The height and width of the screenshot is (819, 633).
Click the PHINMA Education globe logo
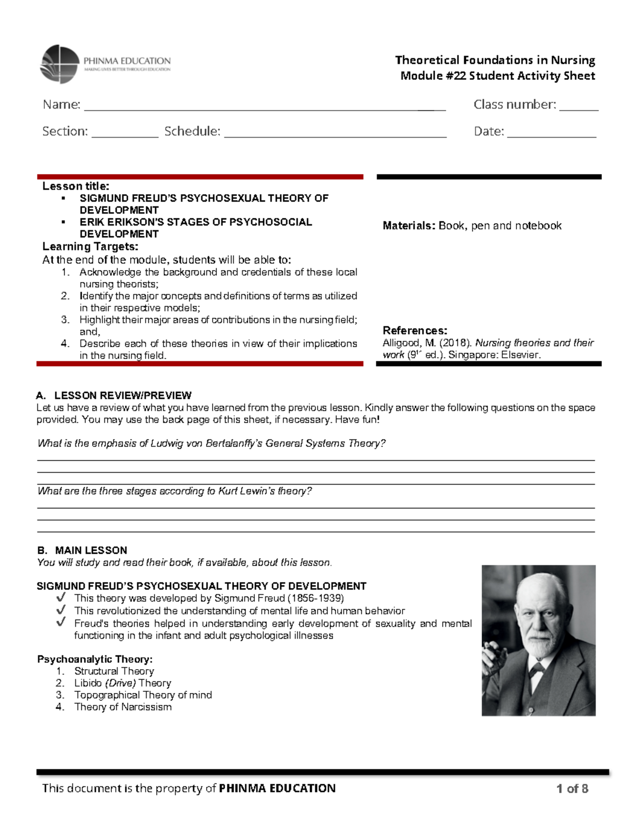coord(60,64)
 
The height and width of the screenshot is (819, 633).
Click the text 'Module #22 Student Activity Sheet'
coord(497,76)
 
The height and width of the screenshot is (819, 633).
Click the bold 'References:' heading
coord(415,331)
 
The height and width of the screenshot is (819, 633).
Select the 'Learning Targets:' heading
coord(90,246)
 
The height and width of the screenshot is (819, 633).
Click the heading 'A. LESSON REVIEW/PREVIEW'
coord(114,396)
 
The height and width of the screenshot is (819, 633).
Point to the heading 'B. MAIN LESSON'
coord(82,550)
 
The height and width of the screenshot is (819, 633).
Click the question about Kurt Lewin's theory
coord(175,491)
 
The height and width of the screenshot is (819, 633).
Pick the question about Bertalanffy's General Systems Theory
coord(212,444)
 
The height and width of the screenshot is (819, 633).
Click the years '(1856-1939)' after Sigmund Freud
coord(315,598)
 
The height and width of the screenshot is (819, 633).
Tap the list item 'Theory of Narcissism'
coord(123,707)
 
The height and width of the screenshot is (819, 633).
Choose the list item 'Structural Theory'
coord(114,671)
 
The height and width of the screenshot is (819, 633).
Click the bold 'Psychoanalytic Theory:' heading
coord(95,659)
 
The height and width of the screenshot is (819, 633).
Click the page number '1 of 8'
coord(572,788)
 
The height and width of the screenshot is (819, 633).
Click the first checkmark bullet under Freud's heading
coord(61,598)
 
